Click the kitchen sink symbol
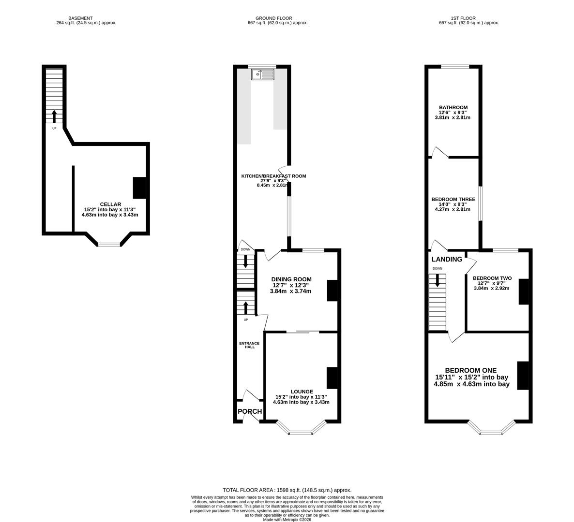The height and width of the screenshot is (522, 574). (263, 74)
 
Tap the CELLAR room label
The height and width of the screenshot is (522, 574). (110, 204)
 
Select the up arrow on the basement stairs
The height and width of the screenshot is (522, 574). (54, 116)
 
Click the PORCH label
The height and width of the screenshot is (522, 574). (250, 411)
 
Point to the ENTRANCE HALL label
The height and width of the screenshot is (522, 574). (249, 345)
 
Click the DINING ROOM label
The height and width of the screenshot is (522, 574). (291, 280)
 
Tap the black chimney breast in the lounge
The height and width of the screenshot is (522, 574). (332, 378)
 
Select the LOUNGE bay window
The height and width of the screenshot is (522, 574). (301, 428)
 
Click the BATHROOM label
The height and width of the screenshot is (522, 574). (453, 107)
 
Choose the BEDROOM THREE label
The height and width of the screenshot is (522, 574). (453, 199)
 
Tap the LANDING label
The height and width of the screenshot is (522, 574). (447, 259)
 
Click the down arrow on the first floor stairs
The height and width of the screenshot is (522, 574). (438, 280)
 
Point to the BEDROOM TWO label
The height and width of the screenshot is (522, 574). (492, 278)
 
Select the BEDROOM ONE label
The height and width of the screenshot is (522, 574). (471, 370)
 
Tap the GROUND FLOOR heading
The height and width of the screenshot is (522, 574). (274, 18)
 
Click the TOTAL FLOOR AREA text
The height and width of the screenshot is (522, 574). (287, 490)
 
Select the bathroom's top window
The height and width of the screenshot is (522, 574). (455, 67)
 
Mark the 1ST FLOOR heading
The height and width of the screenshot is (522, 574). (463, 18)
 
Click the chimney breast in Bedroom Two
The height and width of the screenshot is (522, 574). (524, 292)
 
